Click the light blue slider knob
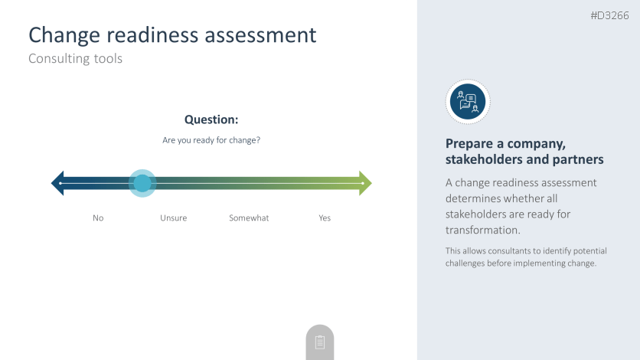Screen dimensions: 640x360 [x=142, y=183]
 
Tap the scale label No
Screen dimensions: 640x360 [x=98, y=218]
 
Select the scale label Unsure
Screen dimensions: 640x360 [x=174, y=218]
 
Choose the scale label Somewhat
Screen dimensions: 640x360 [x=249, y=218]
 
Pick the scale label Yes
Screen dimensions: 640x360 [x=325, y=218]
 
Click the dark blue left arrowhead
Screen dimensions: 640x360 [x=58, y=183]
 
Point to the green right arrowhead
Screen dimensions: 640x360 [x=365, y=183]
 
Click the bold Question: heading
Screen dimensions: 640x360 [x=211, y=119]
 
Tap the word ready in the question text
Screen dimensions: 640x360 [x=204, y=140]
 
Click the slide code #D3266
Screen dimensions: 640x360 [x=609, y=15]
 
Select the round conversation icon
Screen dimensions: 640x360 [x=468, y=102]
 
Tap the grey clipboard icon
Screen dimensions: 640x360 [x=320, y=342]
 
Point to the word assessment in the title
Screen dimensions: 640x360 [x=260, y=35]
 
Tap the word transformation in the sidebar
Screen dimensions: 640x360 [x=483, y=231]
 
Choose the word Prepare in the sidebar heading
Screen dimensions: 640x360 [x=469, y=144]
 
